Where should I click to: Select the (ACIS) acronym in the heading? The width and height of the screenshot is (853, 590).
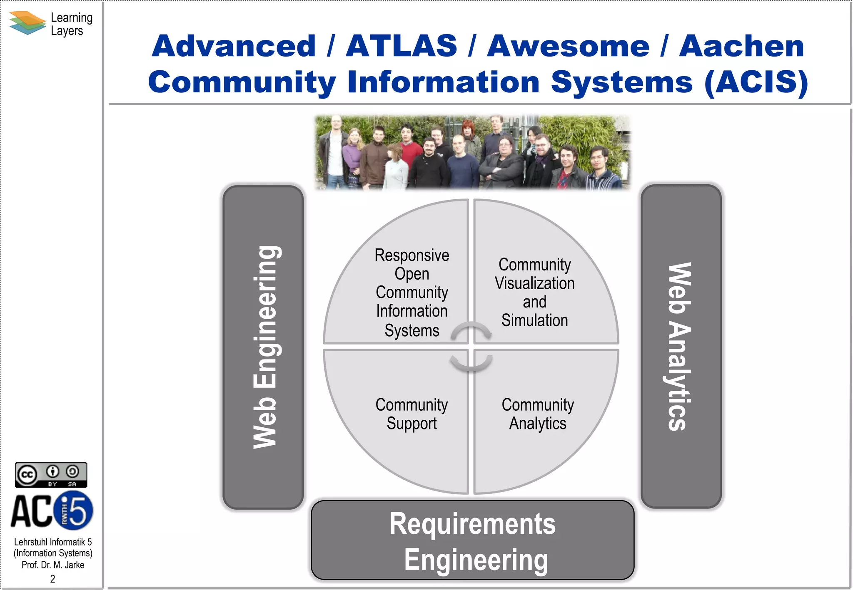click(756, 82)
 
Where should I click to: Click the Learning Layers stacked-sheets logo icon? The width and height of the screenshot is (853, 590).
click(27, 23)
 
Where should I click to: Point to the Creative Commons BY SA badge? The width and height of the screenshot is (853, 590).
click(51, 475)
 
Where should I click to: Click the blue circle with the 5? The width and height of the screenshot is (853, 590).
click(74, 511)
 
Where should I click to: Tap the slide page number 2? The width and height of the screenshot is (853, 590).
click(52, 579)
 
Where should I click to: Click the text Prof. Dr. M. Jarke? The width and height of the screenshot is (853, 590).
click(53, 565)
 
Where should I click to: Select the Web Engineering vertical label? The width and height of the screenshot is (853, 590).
click(264, 347)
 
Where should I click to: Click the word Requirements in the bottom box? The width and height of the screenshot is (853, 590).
click(472, 524)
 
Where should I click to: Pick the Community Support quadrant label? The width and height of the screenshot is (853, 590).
click(412, 414)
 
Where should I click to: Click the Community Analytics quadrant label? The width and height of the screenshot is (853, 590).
click(538, 414)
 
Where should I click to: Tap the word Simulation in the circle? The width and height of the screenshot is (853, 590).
click(534, 320)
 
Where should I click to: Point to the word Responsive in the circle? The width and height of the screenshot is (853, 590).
click(412, 255)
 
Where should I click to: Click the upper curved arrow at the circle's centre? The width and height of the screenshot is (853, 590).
click(471, 330)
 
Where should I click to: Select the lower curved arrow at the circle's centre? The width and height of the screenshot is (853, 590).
click(471, 363)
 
